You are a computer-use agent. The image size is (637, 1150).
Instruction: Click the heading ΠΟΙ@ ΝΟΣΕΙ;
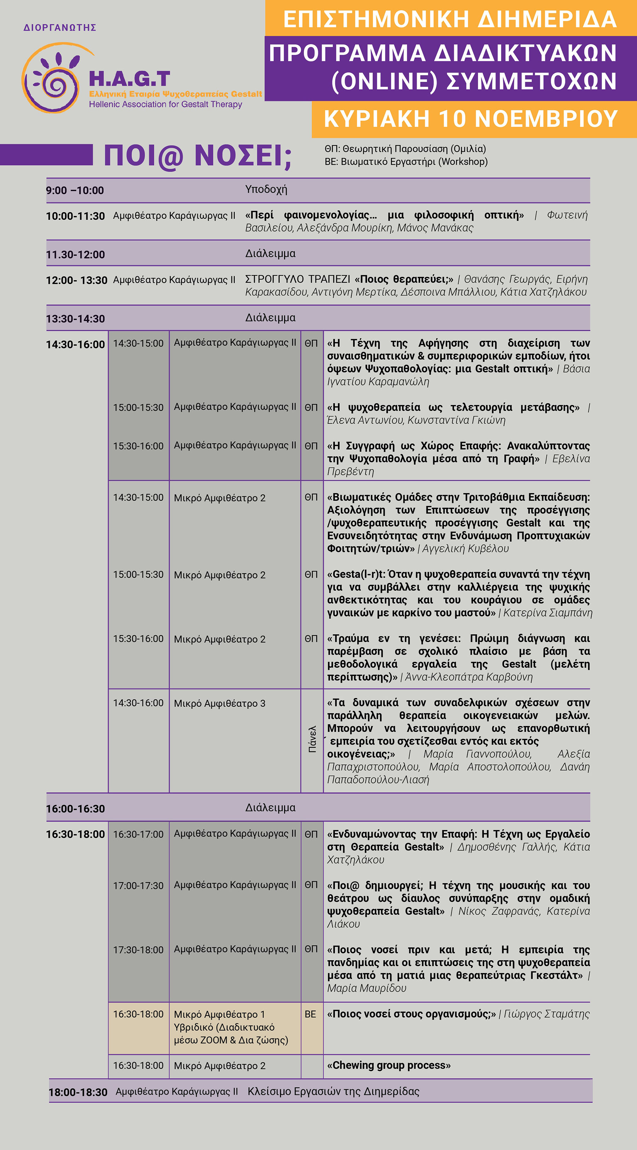point(197,156)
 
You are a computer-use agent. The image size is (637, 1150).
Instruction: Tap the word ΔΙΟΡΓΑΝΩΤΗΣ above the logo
point(60,28)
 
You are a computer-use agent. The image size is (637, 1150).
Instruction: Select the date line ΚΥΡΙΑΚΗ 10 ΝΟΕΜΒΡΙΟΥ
point(471,119)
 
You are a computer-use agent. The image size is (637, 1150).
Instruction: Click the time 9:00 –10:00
point(75,191)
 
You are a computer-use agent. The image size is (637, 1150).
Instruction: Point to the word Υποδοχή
point(266,189)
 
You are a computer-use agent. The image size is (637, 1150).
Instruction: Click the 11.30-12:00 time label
point(75,255)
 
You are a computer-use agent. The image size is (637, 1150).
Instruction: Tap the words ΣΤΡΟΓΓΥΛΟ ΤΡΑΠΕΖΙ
point(298,280)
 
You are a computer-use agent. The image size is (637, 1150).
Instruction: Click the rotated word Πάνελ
point(312,739)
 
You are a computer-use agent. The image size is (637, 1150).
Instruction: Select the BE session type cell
point(310,1014)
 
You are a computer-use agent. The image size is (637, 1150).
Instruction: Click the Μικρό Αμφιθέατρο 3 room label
point(220,703)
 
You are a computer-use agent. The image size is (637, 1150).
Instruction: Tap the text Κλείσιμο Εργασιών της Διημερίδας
point(333,1092)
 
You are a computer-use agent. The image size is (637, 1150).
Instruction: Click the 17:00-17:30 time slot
point(138,886)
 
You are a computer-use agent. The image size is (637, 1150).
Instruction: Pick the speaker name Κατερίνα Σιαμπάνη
point(548,613)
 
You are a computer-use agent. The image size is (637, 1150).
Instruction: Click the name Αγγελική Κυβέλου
point(466,549)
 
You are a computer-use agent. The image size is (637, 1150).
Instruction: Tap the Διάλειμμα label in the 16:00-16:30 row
point(270,807)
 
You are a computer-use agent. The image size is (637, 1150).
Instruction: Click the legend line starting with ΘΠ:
point(405,149)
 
